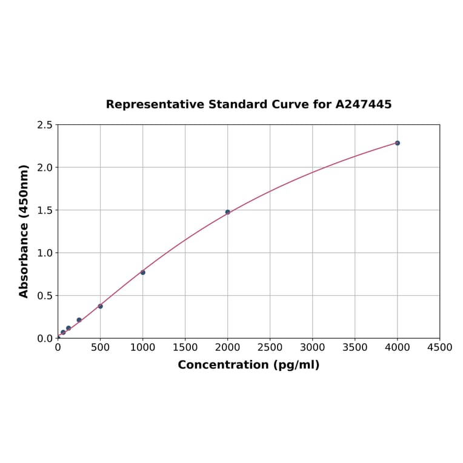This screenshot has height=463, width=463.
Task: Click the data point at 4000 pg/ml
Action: coord(397,143)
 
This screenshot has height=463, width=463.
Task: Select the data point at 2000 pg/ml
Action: coord(227,212)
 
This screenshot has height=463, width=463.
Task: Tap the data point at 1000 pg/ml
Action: coord(142,272)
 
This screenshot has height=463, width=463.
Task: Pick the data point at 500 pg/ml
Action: coord(100,306)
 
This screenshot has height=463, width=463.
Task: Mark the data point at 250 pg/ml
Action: coord(79,320)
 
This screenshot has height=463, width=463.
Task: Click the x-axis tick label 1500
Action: coord(185,347)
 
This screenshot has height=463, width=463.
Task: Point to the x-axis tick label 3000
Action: coord(312,347)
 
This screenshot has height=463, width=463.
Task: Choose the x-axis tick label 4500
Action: coord(439,347)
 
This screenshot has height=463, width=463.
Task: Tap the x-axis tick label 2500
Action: coord(270,347)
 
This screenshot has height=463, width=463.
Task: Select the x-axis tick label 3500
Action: coord(355,347)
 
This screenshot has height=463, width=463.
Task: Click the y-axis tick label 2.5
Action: coord(45,125)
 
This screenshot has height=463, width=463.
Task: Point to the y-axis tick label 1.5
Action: coord(45,210)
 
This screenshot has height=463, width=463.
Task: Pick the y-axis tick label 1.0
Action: coord(45,253)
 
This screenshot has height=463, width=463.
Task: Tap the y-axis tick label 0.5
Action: coord(45,296)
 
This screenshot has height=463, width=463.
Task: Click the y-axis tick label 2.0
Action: coord(45,167)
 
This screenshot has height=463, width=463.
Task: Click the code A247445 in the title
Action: coord(364,104)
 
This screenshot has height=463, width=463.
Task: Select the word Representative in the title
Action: coord(155,104)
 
